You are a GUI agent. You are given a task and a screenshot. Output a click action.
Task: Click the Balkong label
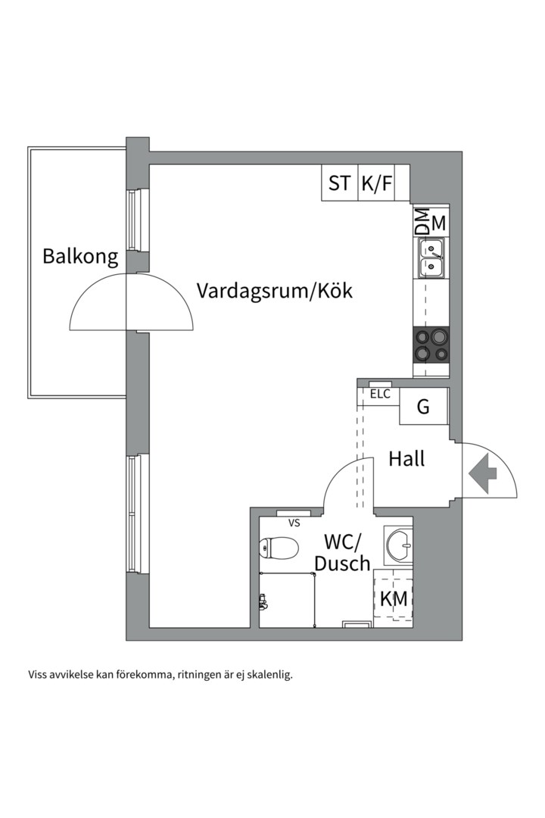coord(80,256)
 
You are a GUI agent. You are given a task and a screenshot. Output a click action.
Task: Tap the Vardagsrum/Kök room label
coord(274,291)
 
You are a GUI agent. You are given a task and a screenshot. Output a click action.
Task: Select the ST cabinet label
coord(339,183)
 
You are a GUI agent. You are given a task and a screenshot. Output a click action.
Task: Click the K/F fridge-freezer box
coord(376,183)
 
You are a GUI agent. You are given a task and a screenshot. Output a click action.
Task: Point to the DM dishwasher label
coord(422,221)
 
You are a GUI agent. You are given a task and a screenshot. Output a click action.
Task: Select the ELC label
coord(380,394)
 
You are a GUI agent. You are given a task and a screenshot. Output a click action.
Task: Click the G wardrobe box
coord(423,407)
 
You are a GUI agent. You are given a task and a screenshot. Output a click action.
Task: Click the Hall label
coord(406,459)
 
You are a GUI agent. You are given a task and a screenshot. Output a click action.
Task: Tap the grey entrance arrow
coord(482,473)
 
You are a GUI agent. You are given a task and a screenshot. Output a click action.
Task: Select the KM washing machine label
coord(394,599)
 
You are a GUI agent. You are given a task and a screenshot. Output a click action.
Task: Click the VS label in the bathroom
coord(294,523)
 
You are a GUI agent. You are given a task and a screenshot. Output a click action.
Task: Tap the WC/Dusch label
coord(342,553)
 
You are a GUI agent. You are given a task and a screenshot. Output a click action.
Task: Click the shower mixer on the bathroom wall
coord(263,602)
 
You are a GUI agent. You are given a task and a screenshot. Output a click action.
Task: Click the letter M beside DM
coord(438,223)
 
